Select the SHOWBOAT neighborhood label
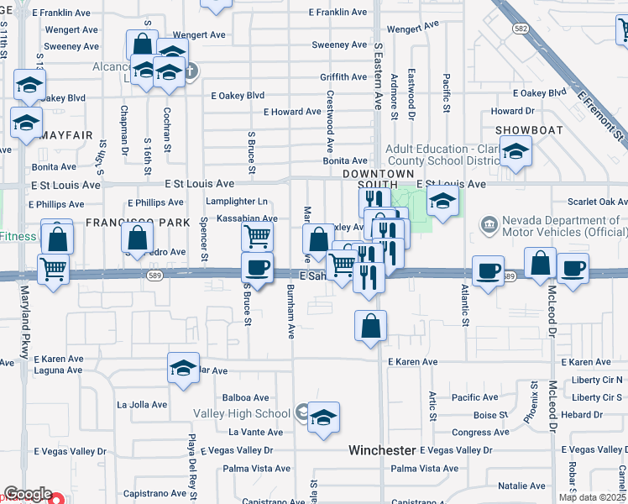526,129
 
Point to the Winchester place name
382,450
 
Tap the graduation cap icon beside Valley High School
323,418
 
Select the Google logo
28,494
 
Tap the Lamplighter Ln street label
240,202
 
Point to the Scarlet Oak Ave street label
597,202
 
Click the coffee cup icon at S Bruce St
257,269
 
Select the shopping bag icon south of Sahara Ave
371,326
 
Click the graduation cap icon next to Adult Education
515,153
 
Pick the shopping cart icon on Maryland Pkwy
54,270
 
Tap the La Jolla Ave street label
142,404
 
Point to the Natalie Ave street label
521,486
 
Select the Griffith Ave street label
343,77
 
